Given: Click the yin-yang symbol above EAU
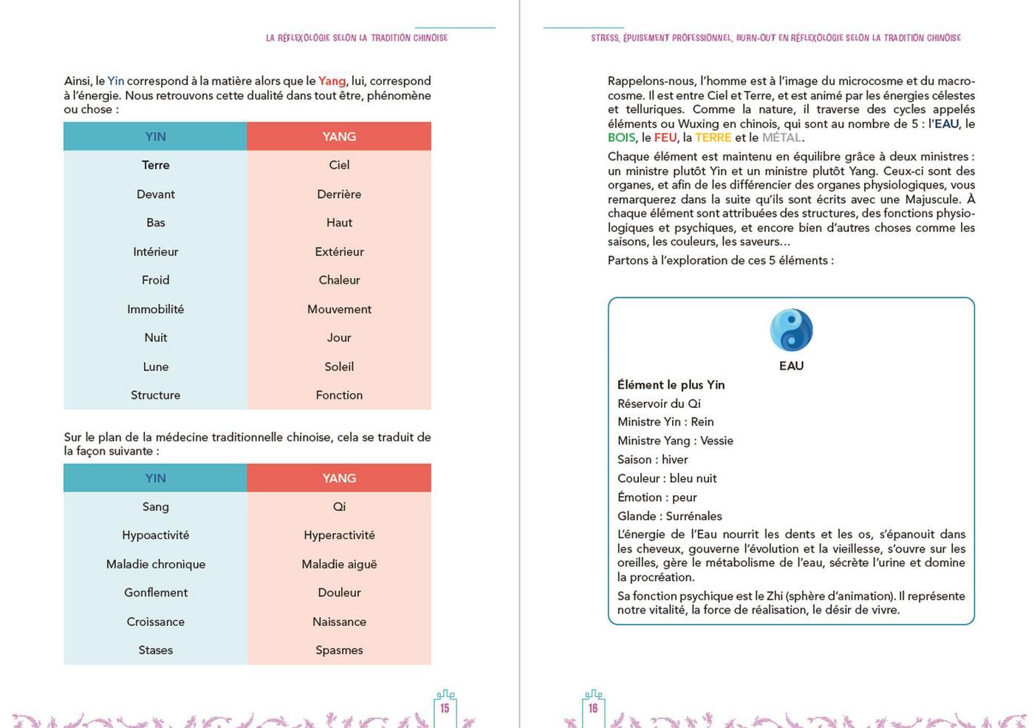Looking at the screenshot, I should coord(791,330).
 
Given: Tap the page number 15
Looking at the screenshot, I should coord(445,708).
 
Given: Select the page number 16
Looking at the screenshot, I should coord(593,708).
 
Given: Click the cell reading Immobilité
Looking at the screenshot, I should coord(155,309).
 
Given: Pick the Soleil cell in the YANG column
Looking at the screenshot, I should coord(339,367).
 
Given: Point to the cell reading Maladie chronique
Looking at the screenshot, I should coord(155,564).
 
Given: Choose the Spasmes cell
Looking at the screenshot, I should coord(339,650).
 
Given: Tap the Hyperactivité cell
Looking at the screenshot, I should coord(339,535).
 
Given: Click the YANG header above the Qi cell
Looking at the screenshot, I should coord(339,478).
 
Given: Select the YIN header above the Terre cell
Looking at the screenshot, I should coord(155,137).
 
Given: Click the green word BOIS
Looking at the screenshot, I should coord(621,137).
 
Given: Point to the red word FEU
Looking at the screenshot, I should coord(665,137).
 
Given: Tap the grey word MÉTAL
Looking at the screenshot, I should coord(781,137).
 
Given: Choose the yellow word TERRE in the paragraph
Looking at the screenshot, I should coord(713,137).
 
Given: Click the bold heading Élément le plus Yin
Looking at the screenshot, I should coord(671,384).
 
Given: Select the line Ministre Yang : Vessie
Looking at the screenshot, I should coord(675,440).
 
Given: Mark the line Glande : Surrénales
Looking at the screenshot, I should coord(669,516).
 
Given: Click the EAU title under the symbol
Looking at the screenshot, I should coord(791,366).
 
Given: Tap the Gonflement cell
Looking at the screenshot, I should coord(155,593).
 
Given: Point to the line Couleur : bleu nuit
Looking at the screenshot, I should coord(667,478).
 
